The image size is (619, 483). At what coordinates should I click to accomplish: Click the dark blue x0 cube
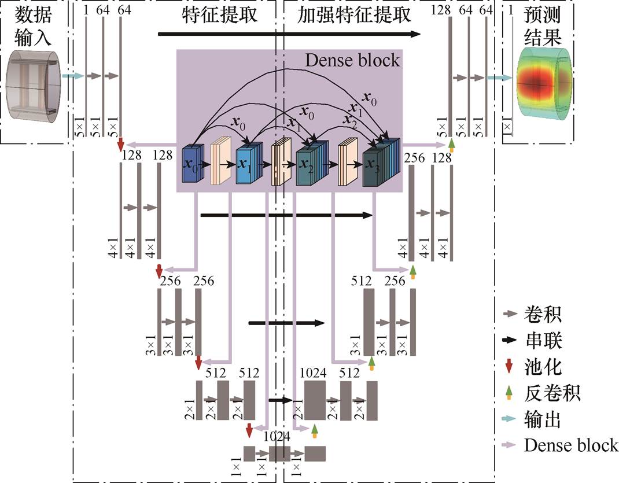[x=191, y=164]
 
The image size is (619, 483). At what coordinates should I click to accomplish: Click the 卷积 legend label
[x=541, y=315]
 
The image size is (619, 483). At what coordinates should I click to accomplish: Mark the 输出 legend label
[x=541, y=419]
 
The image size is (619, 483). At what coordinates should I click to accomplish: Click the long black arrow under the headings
[x=289, y=35]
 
